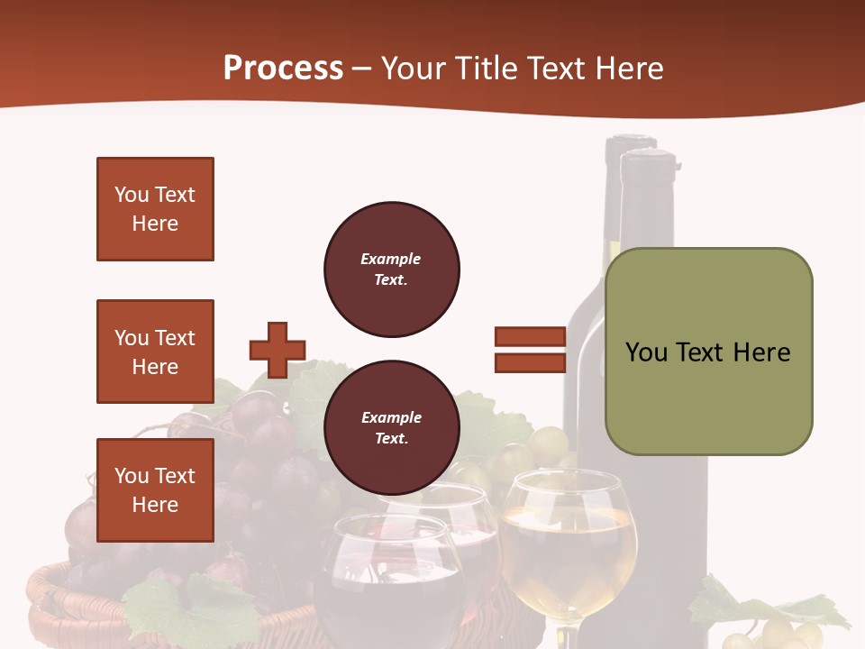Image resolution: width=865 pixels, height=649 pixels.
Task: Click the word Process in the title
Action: pyautogui.click(x=283, y=69)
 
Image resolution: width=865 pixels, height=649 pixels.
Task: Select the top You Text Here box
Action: pyautogui.click(x=155, y=209)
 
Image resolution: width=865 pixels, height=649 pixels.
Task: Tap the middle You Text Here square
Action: pyautogui.click(x=155, y=352)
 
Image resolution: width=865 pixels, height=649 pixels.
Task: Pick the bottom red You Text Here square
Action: pyautogui.click(x=155, y=490)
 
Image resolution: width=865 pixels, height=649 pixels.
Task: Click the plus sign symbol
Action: pyautogui.click(x=278, y=350)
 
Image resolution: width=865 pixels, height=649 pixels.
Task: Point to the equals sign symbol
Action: pyautogui.click(x=530, y=350)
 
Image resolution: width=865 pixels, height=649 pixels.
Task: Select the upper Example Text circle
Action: pyautogui.click(x=391, y=270)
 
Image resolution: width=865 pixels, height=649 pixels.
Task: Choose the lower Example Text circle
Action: pyautogui.click(x=391, y=428)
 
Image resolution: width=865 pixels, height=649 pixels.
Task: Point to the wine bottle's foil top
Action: pyautogui.click(x=647, y=171)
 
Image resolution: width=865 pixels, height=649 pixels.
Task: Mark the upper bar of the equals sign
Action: pyautogui.click(x=530, y=337)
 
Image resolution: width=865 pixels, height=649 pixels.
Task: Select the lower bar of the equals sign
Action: pyautogui.click(x=530, y=362)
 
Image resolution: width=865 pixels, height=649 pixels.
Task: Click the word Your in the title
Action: pyautogui.click(x=413, y=69)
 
